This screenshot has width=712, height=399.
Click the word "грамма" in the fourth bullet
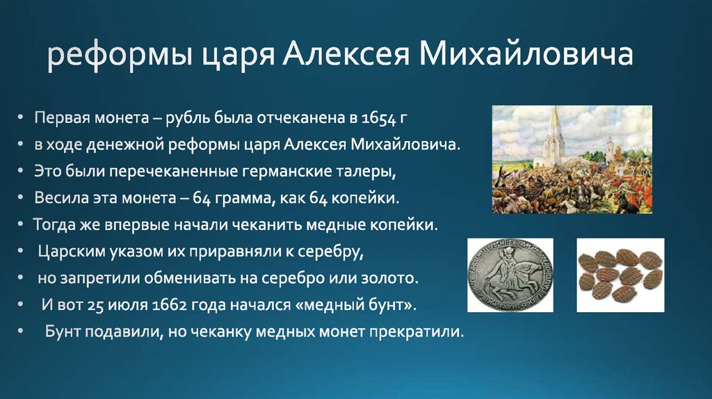point(241,199)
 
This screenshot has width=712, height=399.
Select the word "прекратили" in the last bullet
point(423,332)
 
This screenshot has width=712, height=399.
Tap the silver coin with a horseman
point(509,275)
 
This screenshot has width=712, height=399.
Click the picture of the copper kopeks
point(620,275)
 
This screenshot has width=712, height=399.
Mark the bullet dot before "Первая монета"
point(22,119)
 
